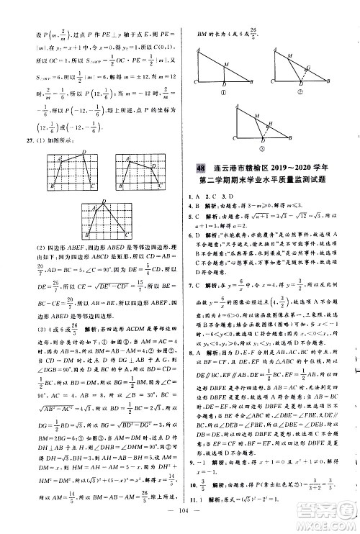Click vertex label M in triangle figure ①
[x=228, y=63]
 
